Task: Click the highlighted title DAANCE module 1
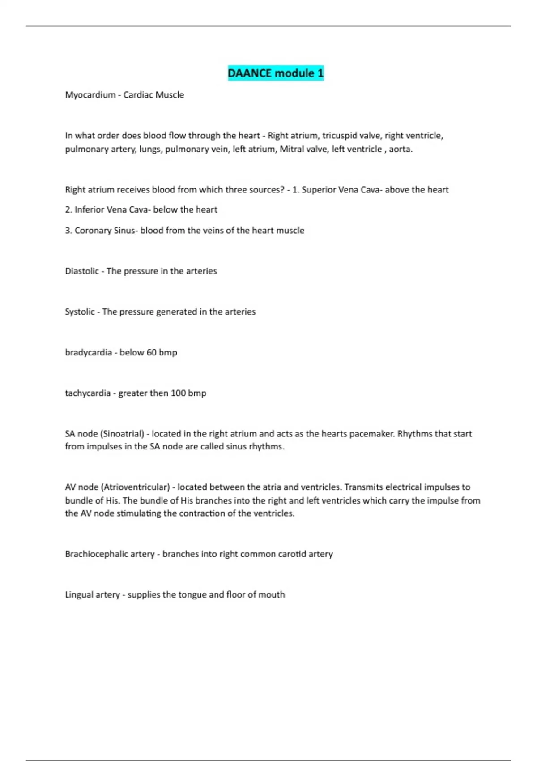coord(276,73)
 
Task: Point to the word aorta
coord(400,149)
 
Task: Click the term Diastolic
coord(82,271)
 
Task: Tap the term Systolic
coord(80,312)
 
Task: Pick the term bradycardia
coord(89,353)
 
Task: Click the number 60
coord(151,353)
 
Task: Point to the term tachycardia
coord(88,393)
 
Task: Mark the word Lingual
coord(79,595)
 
